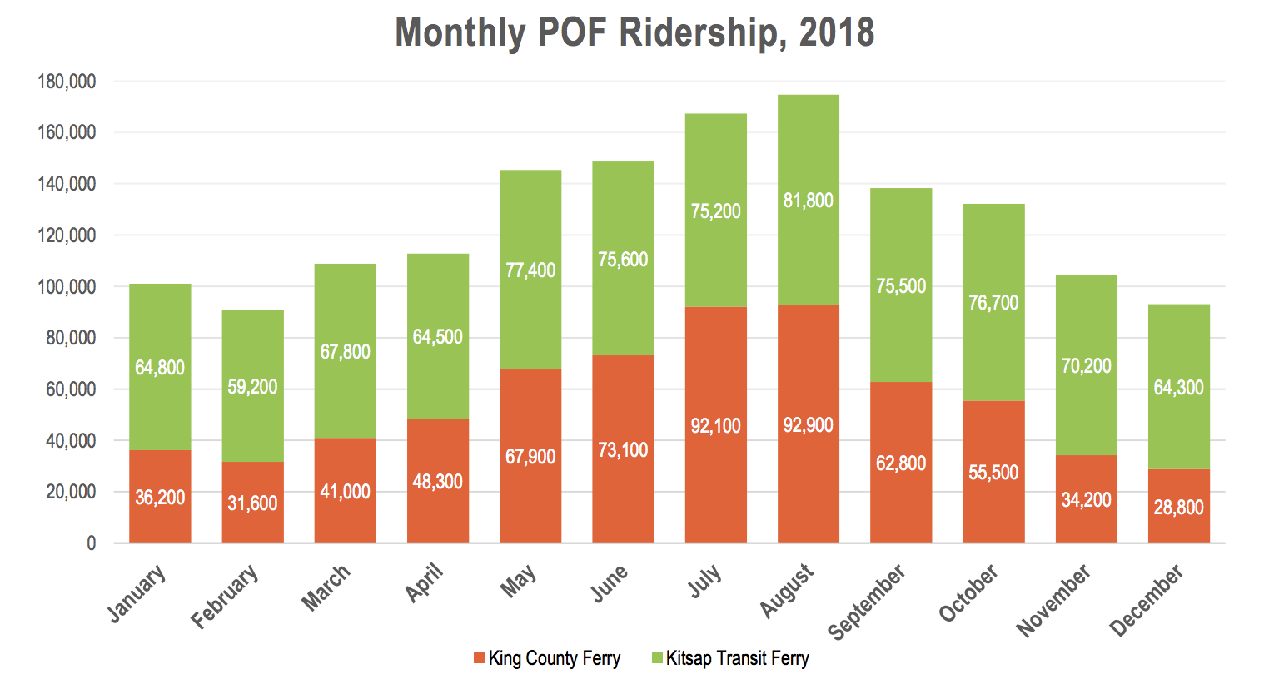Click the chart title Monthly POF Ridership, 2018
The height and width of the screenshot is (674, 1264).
[634, 33]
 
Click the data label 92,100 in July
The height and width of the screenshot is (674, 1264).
[715, 426]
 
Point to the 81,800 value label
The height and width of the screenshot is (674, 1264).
[808, 201]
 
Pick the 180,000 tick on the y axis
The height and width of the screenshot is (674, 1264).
[67, 82]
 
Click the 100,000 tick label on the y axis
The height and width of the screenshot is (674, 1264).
[67, 287]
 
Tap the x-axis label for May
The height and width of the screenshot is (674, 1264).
[519, 580]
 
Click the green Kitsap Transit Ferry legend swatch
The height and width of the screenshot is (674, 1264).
[657, 659]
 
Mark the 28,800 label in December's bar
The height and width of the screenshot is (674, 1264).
[1178, 508]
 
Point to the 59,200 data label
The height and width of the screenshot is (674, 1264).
[252, 387]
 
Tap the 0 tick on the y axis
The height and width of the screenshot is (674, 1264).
[92, 543]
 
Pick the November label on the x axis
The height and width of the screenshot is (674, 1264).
[1053, 600]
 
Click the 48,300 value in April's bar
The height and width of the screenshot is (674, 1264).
[438, 482]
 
